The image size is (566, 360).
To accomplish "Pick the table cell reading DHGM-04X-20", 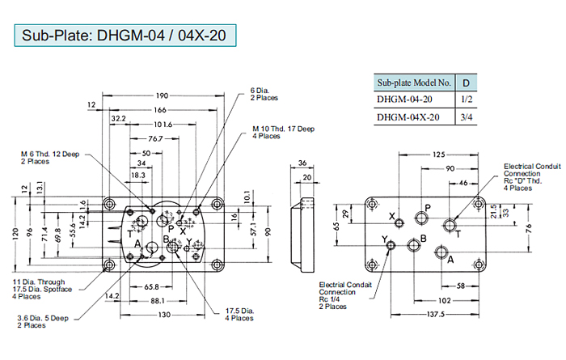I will click(408, 118).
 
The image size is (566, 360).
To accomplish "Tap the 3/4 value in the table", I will click(466, 118).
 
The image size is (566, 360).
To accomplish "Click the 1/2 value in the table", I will click(466, 100).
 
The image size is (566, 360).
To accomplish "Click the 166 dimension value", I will click(162, 109).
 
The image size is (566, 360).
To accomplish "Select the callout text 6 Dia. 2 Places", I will click(264, 94).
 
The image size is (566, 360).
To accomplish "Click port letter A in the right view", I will click(451, 259).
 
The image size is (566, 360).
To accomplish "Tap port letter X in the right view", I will click(392, 217).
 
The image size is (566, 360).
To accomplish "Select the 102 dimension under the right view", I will click(445, 300).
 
